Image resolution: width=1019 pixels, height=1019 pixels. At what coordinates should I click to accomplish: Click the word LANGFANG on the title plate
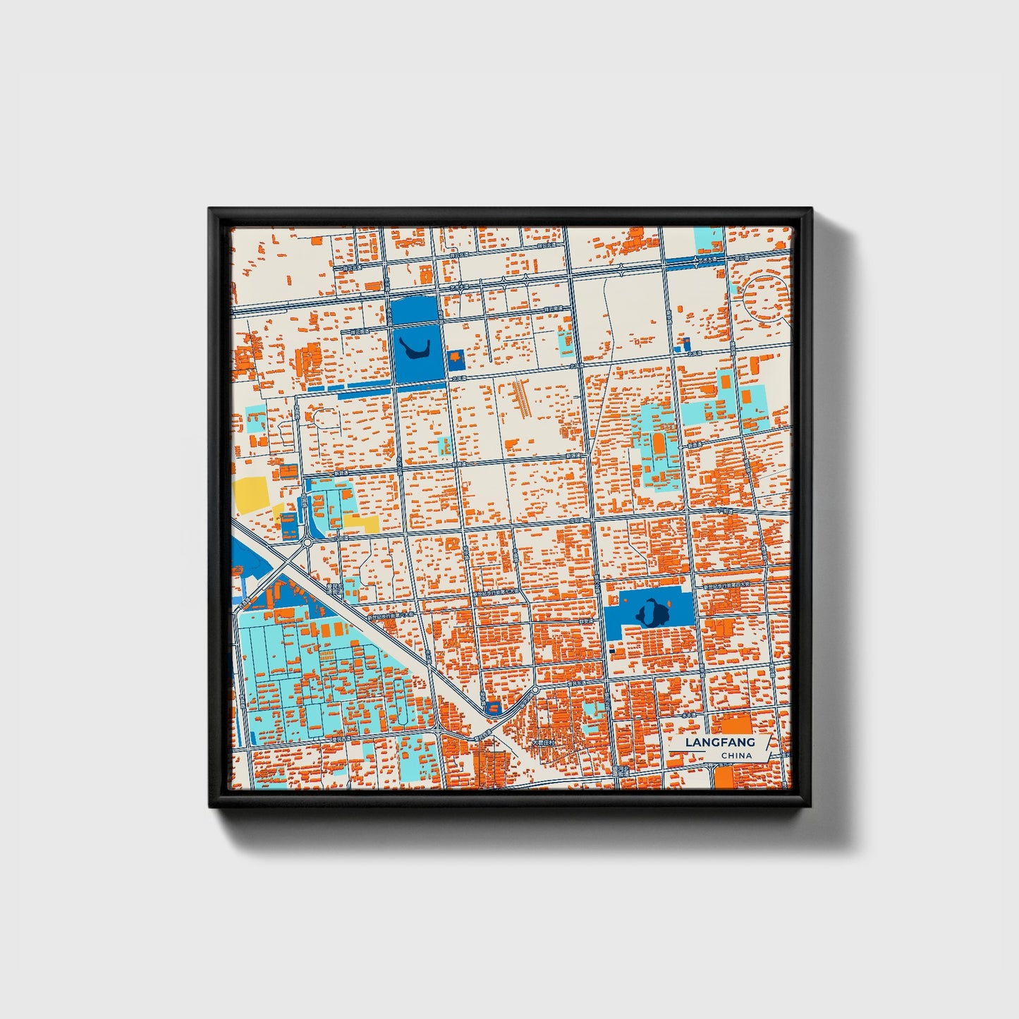point(720,743)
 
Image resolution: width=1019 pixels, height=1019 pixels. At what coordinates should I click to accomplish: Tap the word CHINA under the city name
point(736,756)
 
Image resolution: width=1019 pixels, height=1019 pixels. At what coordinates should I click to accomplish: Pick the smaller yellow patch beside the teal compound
point(362,523)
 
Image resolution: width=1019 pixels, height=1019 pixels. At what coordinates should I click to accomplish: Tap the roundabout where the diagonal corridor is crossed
point(307,544)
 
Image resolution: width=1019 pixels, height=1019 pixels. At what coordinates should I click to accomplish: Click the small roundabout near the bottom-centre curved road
point(535,689)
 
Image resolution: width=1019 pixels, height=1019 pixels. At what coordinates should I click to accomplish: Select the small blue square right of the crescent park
point(456,359)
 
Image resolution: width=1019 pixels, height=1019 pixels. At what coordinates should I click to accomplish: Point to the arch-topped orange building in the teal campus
point(658,444)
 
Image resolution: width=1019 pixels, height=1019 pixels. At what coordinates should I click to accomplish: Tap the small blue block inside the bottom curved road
point(494,706)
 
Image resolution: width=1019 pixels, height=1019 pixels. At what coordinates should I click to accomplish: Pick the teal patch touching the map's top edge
point(709,240)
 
